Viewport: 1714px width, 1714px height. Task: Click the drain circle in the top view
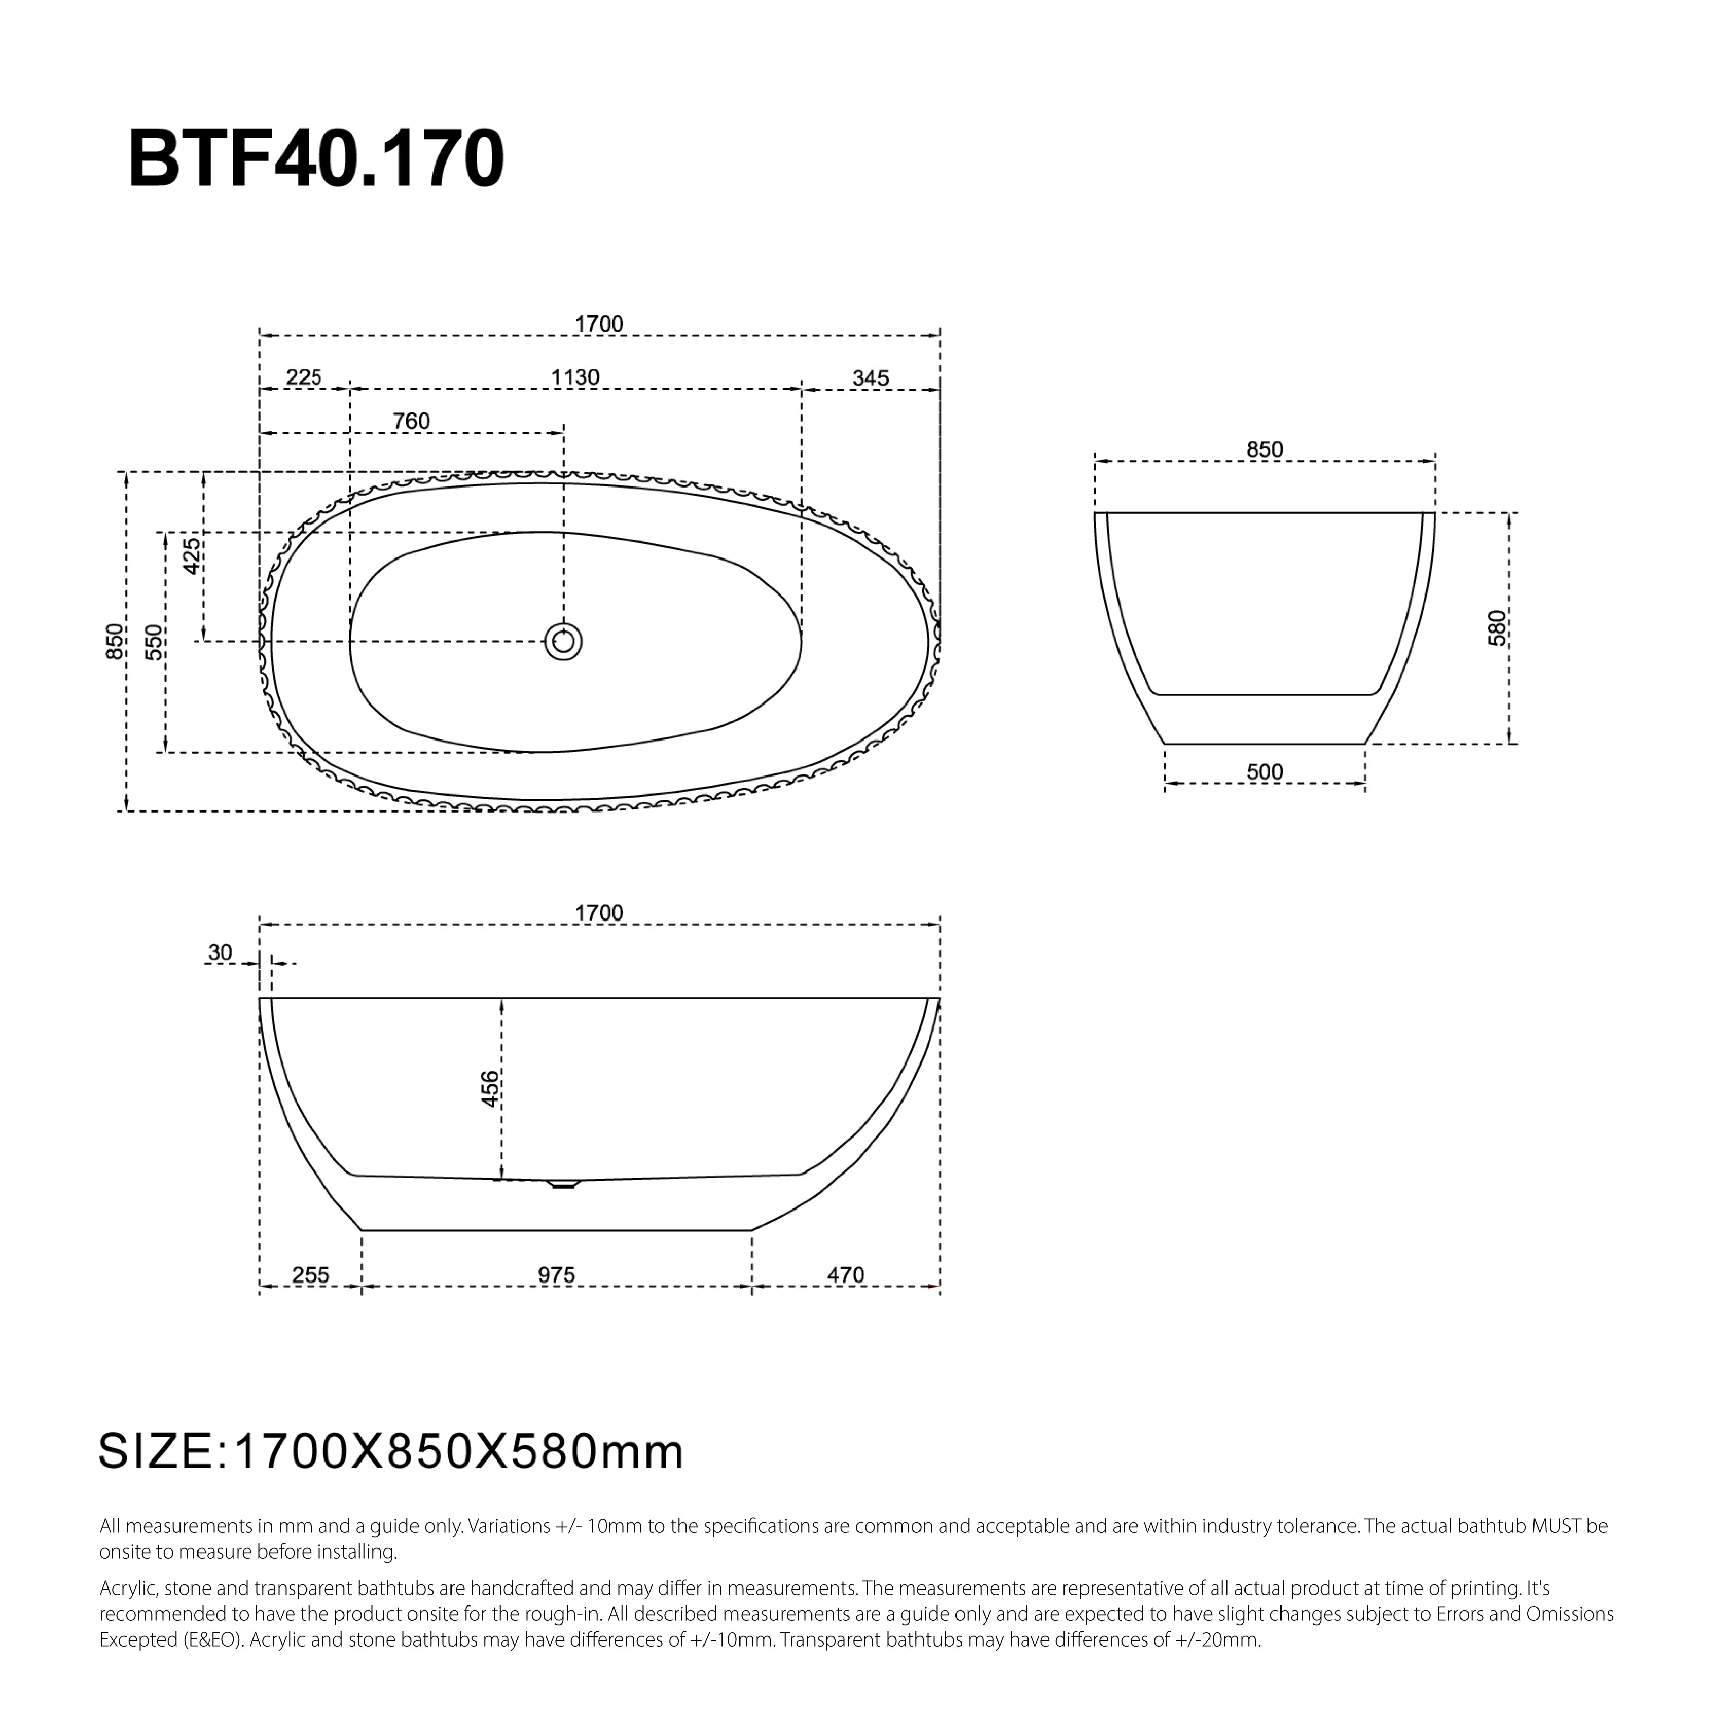[x=563, y=641]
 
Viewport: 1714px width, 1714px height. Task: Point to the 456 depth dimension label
[x=490, y=1089]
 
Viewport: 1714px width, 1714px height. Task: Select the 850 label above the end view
[x=1264, y=450]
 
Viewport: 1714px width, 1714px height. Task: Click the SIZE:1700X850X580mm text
[x=390, y=1452]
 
